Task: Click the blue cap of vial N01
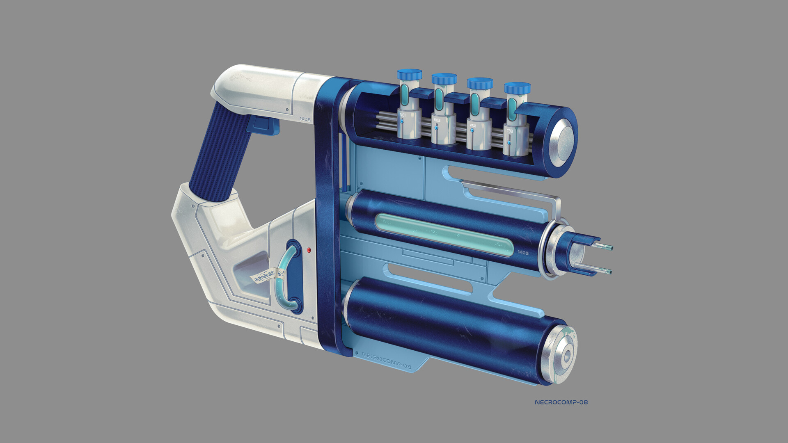coord(409,75)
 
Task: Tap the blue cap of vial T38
coord(517,88)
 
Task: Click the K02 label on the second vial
coord(437,120)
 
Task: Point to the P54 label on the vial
coord(472,125)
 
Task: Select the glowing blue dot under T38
coord(509,143)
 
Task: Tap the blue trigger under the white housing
coord(262,124)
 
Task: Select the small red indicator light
coord(309,249)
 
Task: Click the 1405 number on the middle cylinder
coord(523,253)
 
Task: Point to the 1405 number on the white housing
coord(305,119)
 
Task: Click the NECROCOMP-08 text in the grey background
coord(561,402)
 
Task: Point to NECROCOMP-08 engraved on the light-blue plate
coord(386,361)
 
